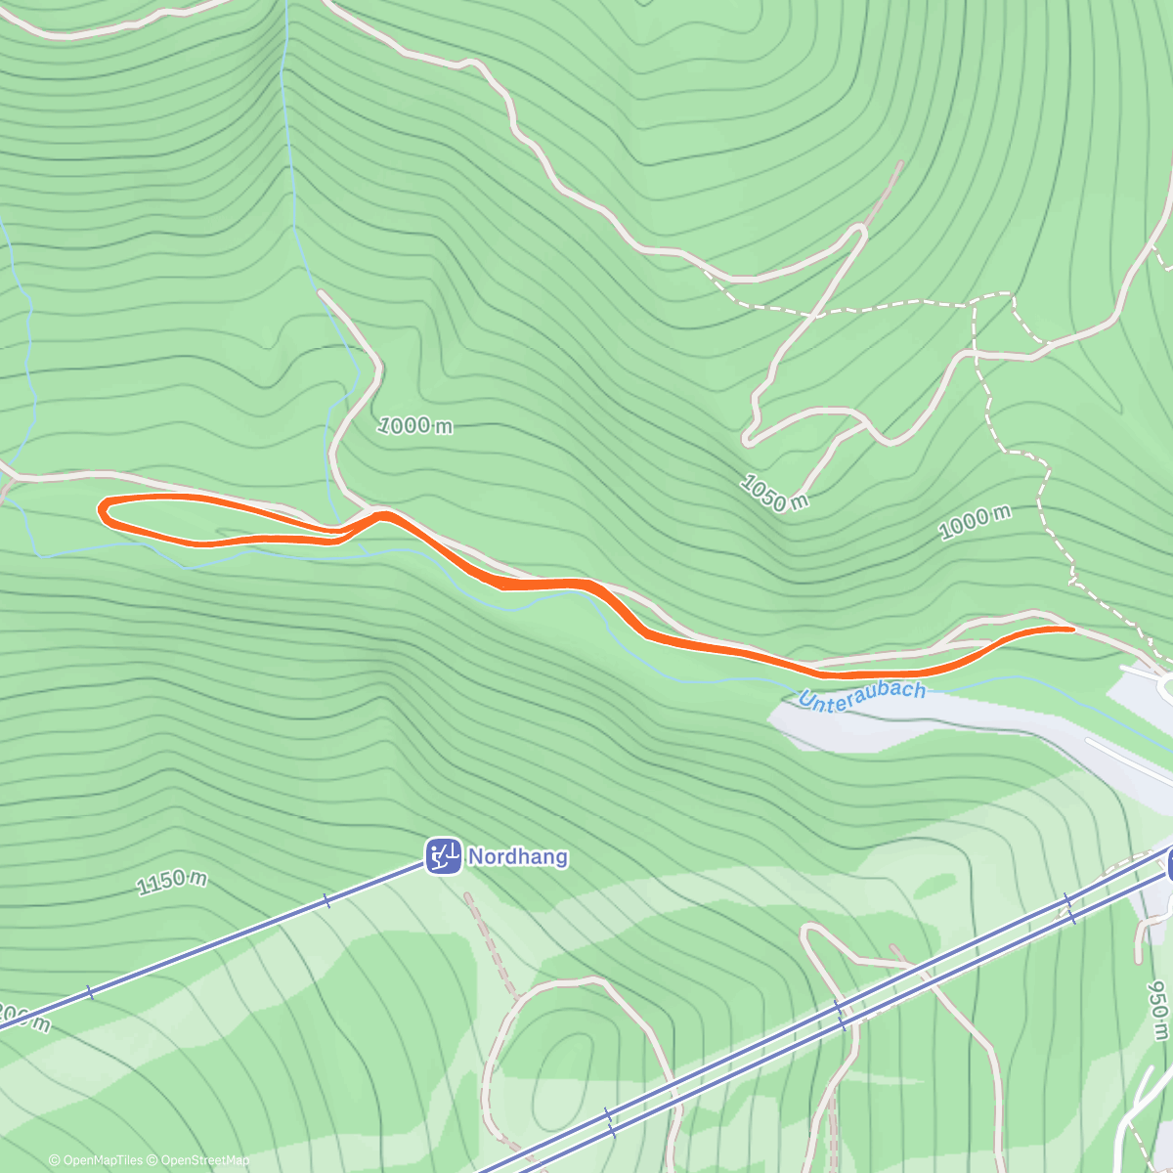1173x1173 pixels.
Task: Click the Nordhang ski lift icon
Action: pyautogui.click(x=444, y=856)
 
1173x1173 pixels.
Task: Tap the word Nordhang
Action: pyautogui.click(x=517, y=857)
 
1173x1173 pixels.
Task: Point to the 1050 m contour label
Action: pyautogui.click(x=774, y=493)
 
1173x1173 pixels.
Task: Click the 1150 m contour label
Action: pyautogui.click(x=172, y=883)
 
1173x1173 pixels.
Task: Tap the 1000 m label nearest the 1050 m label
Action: pyautogui.click(x=975, y=523)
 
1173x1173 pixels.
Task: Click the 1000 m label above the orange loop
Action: pyautogui.click(x=415, y=425)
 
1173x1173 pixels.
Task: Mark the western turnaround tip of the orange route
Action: pyautogui.click(x=102, y=508)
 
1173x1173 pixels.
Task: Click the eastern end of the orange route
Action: pyautogui.click(x=1071, y=630)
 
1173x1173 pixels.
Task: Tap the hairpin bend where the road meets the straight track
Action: pyautogui.click(x=861, y=231)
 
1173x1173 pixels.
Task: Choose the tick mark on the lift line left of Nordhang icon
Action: pyautogui.click(x=326, y=901)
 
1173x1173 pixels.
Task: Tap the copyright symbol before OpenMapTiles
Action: pyautogui.click(x=54, y=1160)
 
